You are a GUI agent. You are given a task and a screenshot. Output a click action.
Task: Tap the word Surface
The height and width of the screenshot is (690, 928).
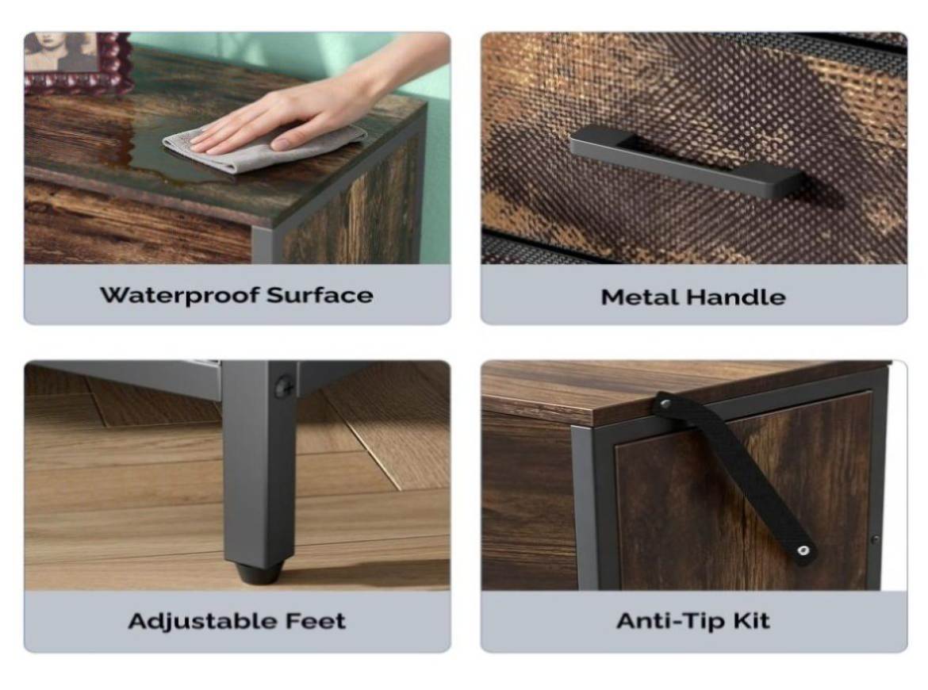320,295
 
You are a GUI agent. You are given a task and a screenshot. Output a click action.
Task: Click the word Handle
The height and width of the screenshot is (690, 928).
736,297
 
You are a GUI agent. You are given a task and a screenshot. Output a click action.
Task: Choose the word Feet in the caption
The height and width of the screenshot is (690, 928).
316,621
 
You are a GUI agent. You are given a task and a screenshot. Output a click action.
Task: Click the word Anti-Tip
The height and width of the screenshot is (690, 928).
670,621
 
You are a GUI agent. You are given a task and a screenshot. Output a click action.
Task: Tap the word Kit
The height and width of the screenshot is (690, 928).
752,620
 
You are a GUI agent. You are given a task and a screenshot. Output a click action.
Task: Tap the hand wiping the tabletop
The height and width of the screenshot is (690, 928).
302,115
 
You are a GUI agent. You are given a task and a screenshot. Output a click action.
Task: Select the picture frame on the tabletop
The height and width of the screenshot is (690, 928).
76,63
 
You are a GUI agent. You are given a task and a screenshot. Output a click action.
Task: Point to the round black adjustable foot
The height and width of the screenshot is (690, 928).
259,573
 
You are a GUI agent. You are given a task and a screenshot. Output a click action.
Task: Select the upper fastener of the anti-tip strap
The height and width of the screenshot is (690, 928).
665,404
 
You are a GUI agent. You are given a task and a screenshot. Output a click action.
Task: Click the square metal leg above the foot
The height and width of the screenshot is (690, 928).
259,462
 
